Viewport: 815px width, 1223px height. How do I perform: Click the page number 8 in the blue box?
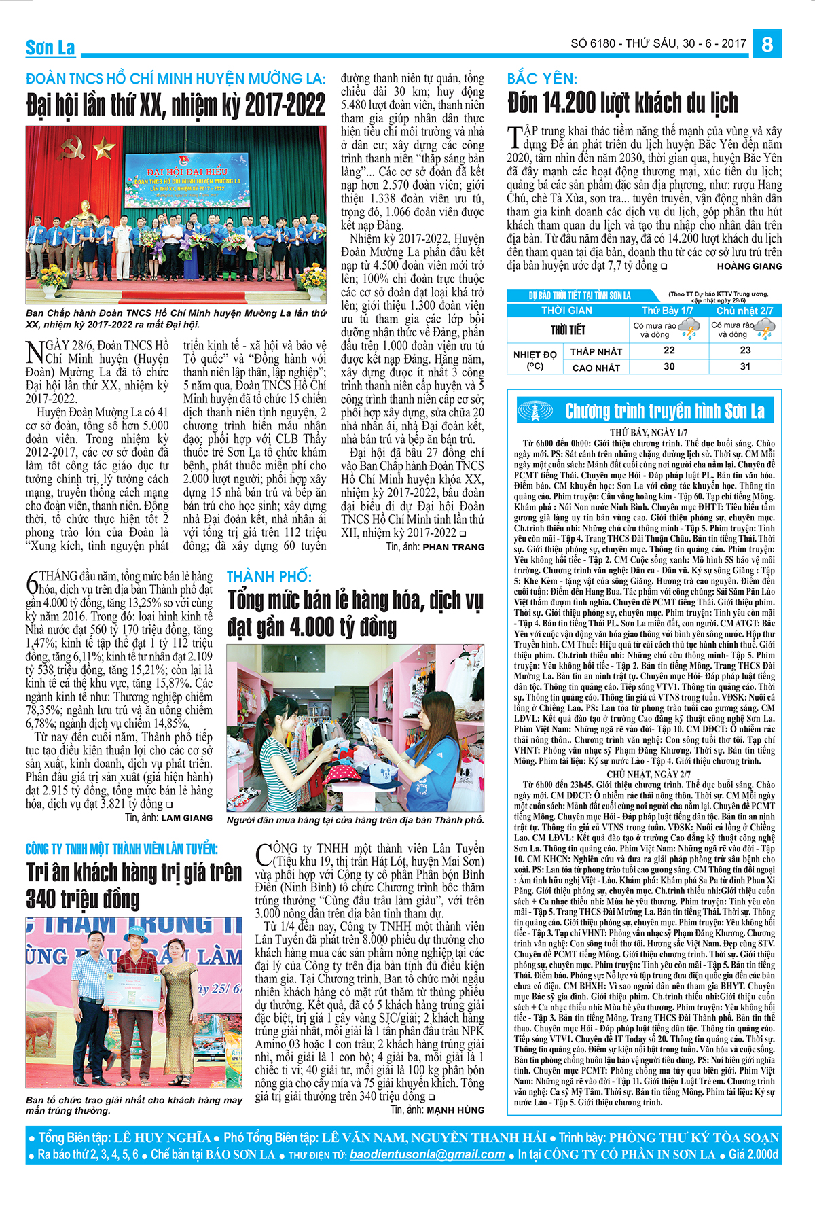[x=767, y=44]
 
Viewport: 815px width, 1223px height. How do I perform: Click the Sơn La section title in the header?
[x=50, y=48]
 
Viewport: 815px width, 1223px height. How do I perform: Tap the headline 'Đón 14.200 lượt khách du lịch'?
[x=622, y=103]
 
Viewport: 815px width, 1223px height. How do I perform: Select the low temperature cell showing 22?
[x=669, y=350]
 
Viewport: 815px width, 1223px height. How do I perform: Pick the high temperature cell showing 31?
[x=745, y=366]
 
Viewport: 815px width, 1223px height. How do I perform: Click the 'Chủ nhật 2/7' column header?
[x=744, y=311]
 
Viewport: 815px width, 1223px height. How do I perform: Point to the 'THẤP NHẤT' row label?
[x=596, y=351]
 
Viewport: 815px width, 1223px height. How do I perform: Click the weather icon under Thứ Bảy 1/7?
[x=689, y=330]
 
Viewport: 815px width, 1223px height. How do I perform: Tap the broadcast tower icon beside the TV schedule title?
[x=535, y=410]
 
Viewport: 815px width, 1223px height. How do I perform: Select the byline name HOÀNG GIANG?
[x=749, y=266]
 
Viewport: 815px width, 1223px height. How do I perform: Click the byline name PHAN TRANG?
[x=453, y=546]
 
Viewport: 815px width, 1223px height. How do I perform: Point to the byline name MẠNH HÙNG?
[x=455, y=1110]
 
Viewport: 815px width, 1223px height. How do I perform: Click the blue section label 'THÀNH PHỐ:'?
[x=269, y=577]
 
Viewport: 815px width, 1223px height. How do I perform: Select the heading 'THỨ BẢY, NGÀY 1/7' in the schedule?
[x=648, y=433]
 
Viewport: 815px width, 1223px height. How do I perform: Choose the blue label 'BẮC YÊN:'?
[x=542, y=78]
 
